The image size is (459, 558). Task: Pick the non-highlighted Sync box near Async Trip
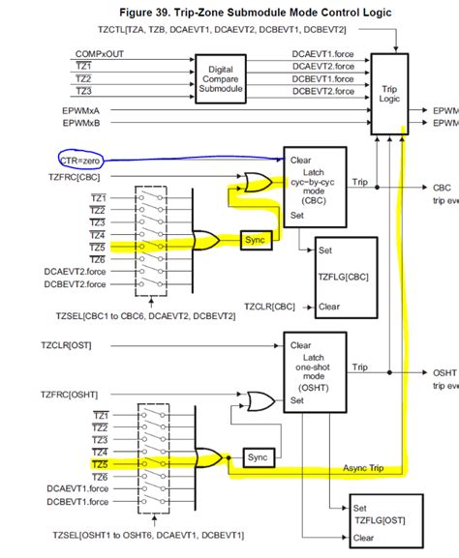[x=257, y=455]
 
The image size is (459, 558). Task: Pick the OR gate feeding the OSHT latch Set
[x=260, y=399]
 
